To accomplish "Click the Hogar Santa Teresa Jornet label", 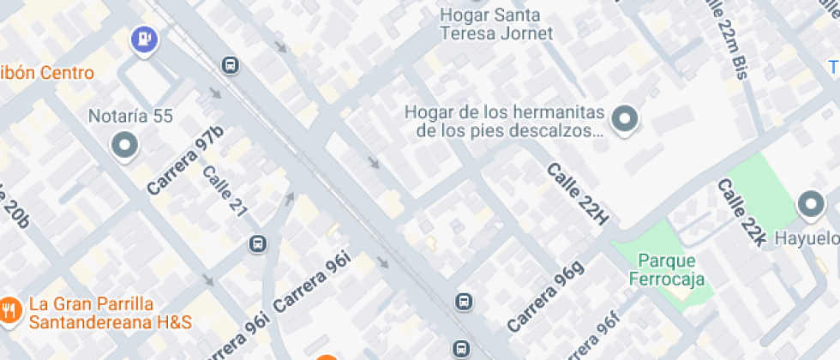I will coord(495,24).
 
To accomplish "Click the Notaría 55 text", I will coord(131,117).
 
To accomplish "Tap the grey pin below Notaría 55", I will coord(125,146).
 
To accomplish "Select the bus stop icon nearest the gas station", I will coord(229,65).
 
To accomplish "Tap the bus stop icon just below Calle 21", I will coord(257,244).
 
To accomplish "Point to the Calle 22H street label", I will coord(577,195).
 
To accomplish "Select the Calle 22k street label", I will coord(741,213).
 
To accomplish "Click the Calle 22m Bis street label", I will coord(724,39).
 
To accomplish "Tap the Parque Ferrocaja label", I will coord(666,269).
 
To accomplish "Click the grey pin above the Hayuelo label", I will coord(810,205).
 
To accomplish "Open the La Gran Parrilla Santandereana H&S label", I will coord(109,313).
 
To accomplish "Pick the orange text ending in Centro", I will coord(47,73).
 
